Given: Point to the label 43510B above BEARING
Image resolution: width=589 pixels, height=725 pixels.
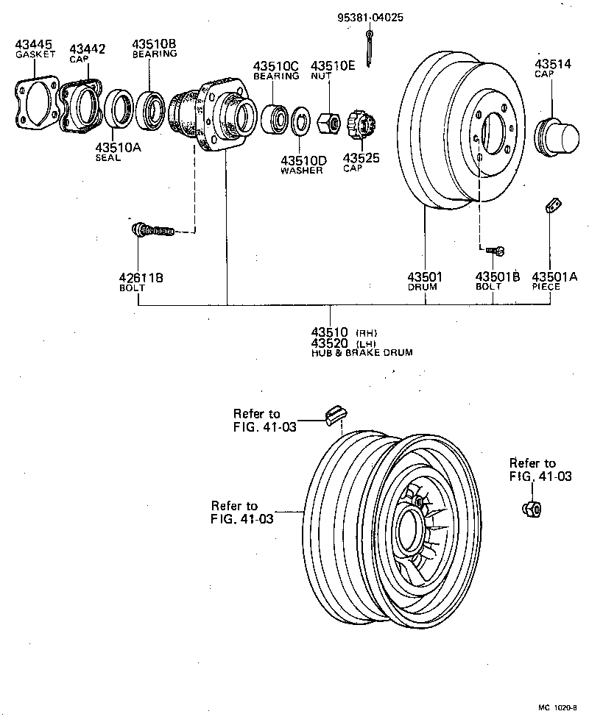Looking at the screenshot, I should [154, 44].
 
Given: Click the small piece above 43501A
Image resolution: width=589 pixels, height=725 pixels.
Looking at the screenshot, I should [552, 206].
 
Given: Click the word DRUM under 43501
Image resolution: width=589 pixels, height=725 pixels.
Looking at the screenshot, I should [423, 287].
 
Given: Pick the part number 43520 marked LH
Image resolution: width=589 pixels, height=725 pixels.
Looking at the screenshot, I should [331, 343].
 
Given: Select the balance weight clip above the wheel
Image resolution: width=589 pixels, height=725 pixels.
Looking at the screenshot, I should [335, 415].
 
